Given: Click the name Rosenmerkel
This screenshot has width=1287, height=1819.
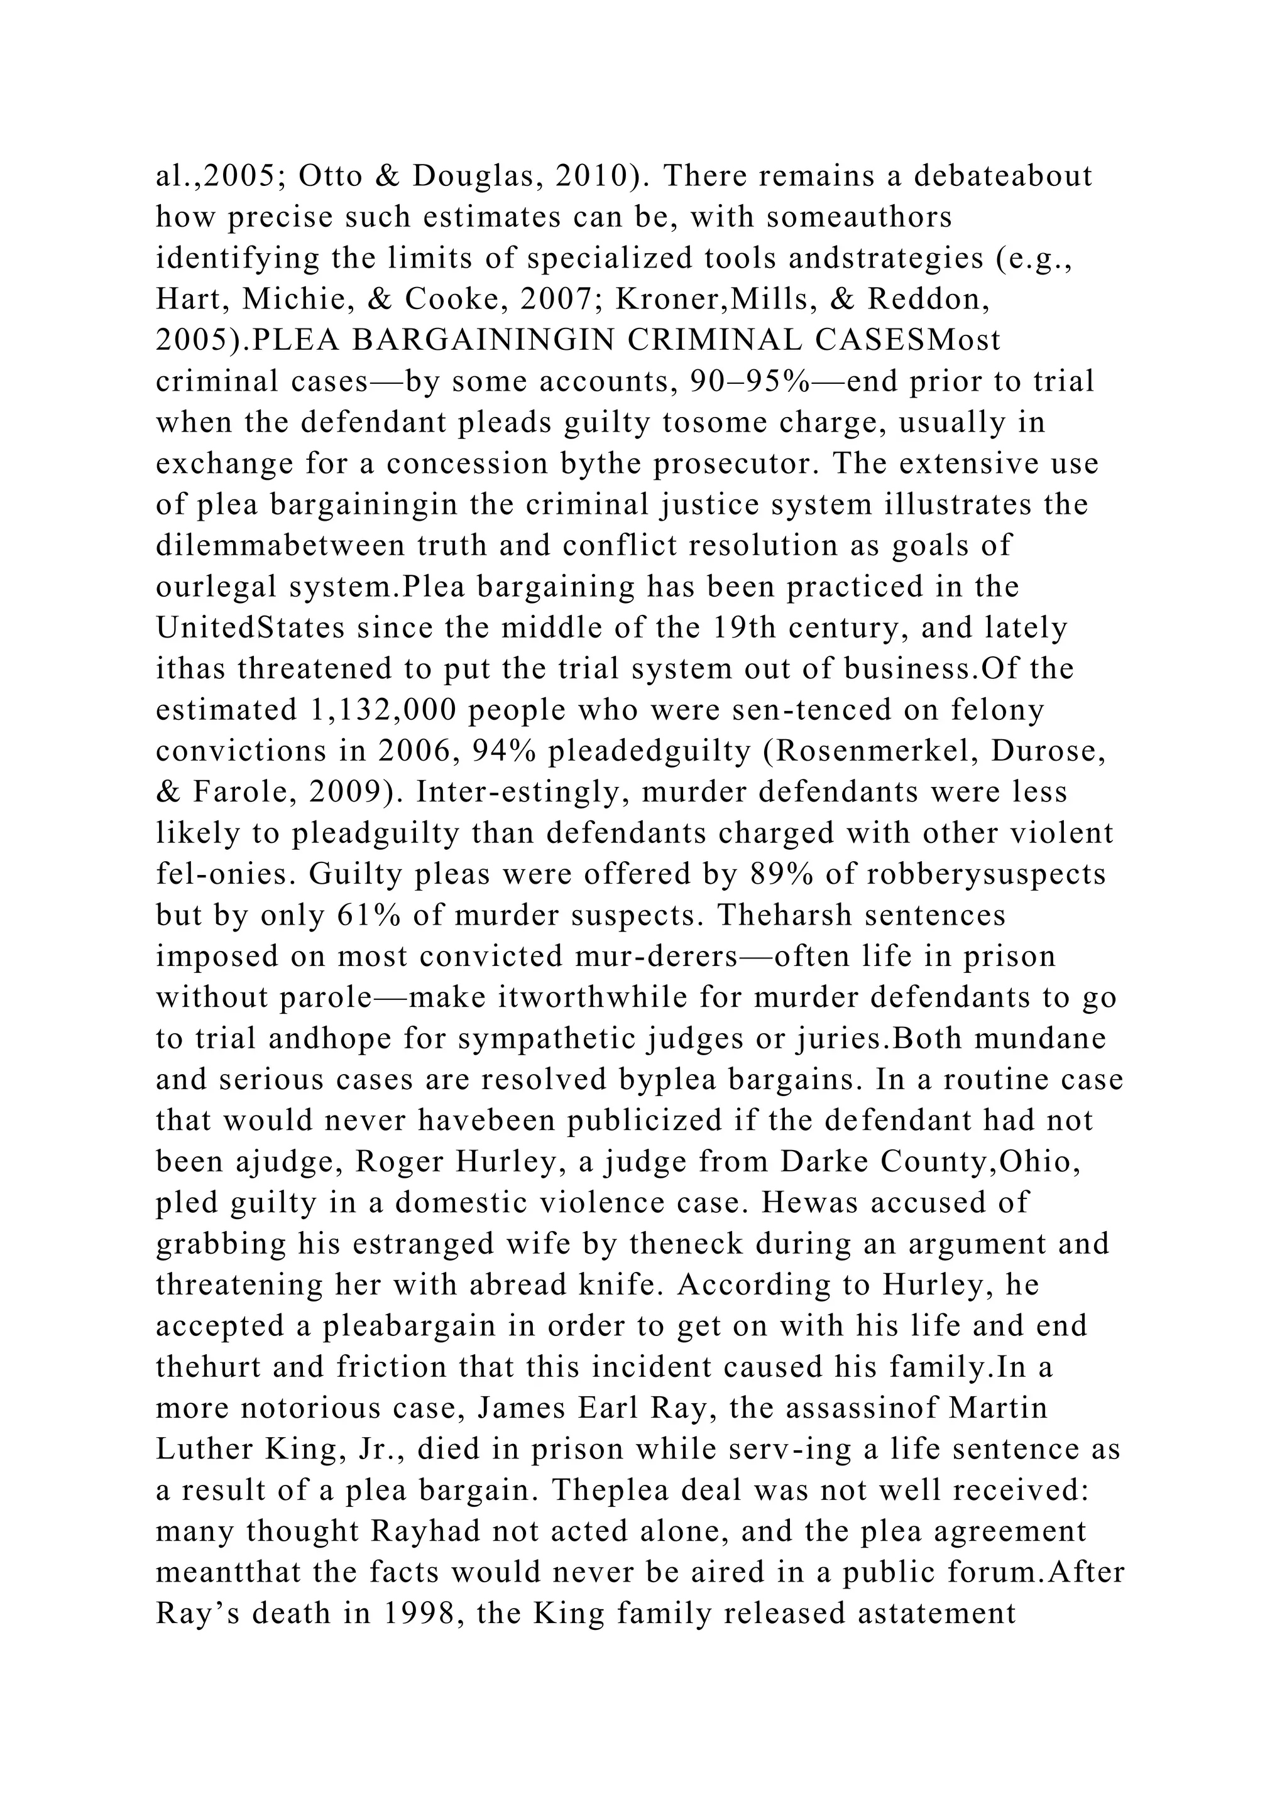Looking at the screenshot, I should (x=874, y=750).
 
